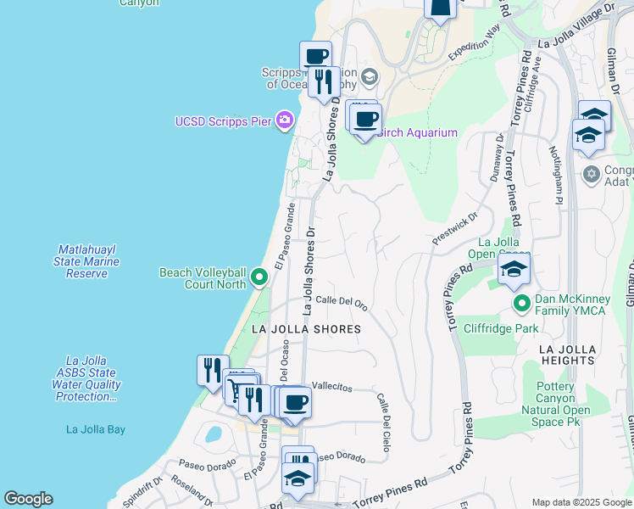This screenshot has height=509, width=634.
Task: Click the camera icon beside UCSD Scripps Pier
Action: pyautogui.click(x=285, y=121)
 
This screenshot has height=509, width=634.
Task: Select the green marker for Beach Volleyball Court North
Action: pyautogui.click(x=259, y=277)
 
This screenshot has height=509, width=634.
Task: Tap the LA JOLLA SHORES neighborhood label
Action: pyautogui.click(x=307, y=328)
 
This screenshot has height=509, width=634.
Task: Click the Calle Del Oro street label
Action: pyautogui.click(x=341, y=303)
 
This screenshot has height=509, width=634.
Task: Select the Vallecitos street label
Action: pyautogui.click(x=331, y=386)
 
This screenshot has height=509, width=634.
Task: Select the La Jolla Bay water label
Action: pyautogui.click(x=96, y=429)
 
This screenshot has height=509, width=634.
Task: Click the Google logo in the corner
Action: pyautogui.click(x=28, y=499)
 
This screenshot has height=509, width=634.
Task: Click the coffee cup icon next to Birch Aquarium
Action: pyautogui.click(x=365, y=120)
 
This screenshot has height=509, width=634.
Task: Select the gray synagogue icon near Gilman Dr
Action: pyautogui.click(x=592, y=175)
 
